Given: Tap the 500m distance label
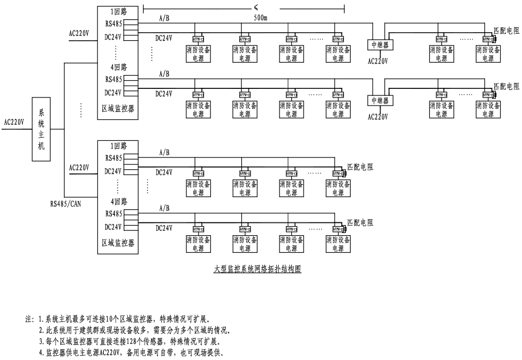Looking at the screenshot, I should pos(262,18).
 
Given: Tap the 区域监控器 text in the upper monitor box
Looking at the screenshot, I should pos(118,108).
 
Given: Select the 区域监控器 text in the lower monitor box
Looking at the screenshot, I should pos(118,242).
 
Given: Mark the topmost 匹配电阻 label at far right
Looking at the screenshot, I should pos(506,31).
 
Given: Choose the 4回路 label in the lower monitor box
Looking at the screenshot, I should pos(118,202).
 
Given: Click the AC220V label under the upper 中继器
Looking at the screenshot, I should pos(378,61).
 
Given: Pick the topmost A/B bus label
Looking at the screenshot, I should pos(164,18).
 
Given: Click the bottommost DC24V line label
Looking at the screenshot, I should pos(164,228).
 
